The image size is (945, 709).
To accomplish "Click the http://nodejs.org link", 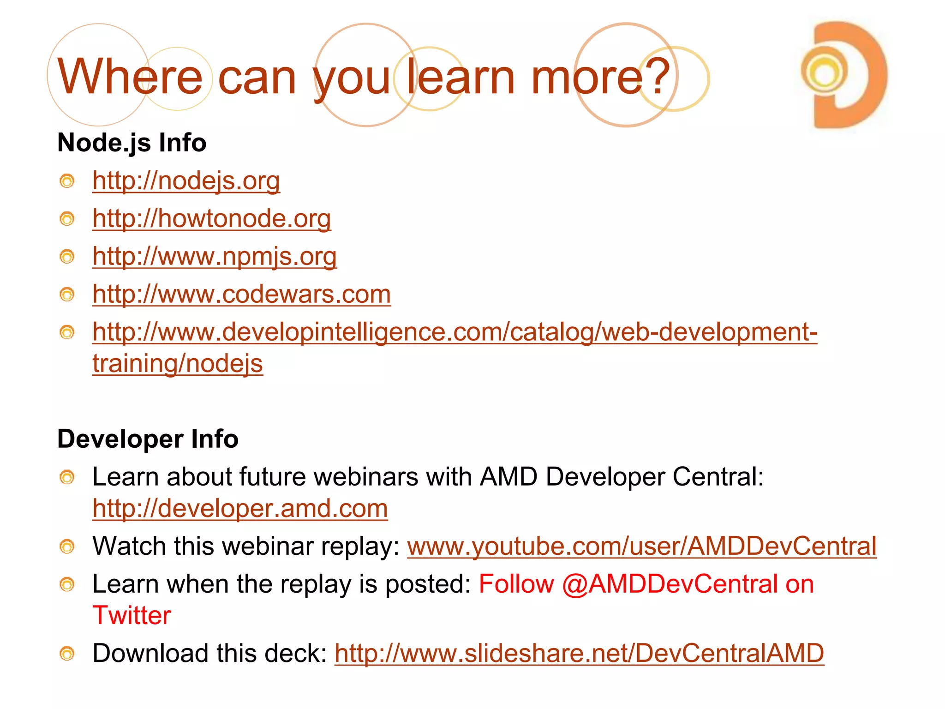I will [x=186, y=180].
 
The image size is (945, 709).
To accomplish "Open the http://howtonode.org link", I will [x=211, y=218].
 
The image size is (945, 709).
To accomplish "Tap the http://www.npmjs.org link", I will [x=214, y=256].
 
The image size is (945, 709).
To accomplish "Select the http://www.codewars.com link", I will [x=241, y=294].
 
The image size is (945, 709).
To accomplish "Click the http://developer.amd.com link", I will [x=240, y=508].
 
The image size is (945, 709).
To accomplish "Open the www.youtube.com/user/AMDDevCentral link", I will [x=641, y=546].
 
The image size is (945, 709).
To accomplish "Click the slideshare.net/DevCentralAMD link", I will [x=579, y=653].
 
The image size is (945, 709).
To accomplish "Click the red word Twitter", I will [x=132, y=615].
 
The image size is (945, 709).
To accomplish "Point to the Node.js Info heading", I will [x=132, y=142].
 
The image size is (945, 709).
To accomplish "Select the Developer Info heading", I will [x=148, y=439].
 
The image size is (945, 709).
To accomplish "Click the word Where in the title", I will [x=130, y=77].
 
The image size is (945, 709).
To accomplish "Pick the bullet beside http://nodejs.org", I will [x=67, y=181].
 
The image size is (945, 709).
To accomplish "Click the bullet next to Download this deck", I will [x=67, y=654].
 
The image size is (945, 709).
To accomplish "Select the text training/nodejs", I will [x=177, y=363].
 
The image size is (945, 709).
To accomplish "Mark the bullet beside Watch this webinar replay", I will [x=67, y=547].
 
